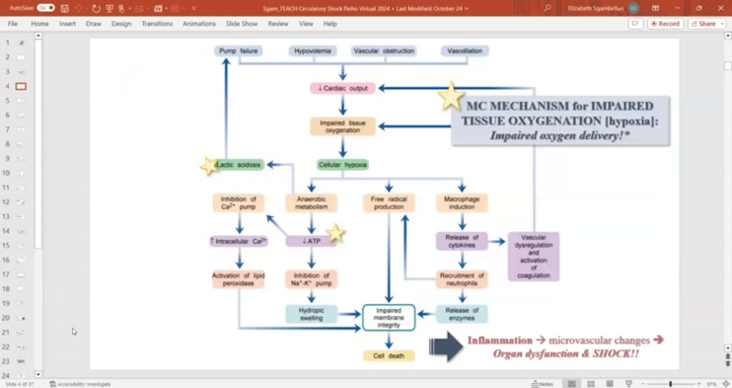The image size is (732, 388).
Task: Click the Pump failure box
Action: pos(238,50)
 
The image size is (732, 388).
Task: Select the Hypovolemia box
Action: pos(313,50)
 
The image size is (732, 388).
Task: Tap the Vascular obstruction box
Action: pos(384,50)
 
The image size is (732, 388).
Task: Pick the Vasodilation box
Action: pos(464,50)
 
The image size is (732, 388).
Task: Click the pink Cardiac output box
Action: pos(342,88)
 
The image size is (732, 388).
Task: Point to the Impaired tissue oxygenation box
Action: pos(342,126)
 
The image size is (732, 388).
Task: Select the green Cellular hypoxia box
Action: pos(342,165)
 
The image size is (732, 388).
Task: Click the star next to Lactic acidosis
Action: pos(208,166)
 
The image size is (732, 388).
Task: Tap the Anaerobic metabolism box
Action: pos(312,202)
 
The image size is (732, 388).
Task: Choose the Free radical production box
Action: pos(388,202)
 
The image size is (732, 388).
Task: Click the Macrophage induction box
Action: pos(462,202)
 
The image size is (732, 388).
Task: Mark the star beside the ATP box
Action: pos(335,234)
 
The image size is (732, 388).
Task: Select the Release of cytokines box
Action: pos(462,241)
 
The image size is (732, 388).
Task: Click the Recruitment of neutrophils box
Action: pos(462,279)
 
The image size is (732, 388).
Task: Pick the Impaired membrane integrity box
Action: pos(388,317)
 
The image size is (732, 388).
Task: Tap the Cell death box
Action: pos(388,355)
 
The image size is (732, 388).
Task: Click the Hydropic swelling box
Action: pos(312,314)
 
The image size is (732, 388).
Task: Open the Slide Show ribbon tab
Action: pos(242,24)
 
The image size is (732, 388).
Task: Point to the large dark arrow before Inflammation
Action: pos(446,346)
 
